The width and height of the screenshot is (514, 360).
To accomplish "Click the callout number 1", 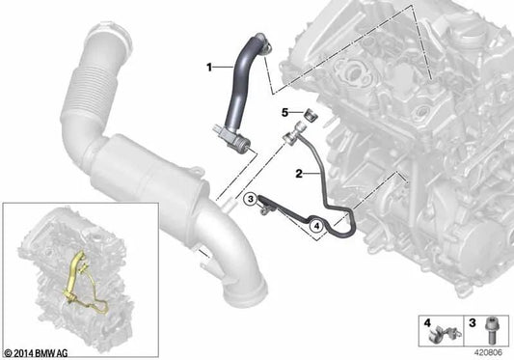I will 207,68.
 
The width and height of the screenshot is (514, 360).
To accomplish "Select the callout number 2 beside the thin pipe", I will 300,174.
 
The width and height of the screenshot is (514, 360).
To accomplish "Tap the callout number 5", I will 285,112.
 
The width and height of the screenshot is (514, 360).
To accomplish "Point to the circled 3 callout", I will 250,200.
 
